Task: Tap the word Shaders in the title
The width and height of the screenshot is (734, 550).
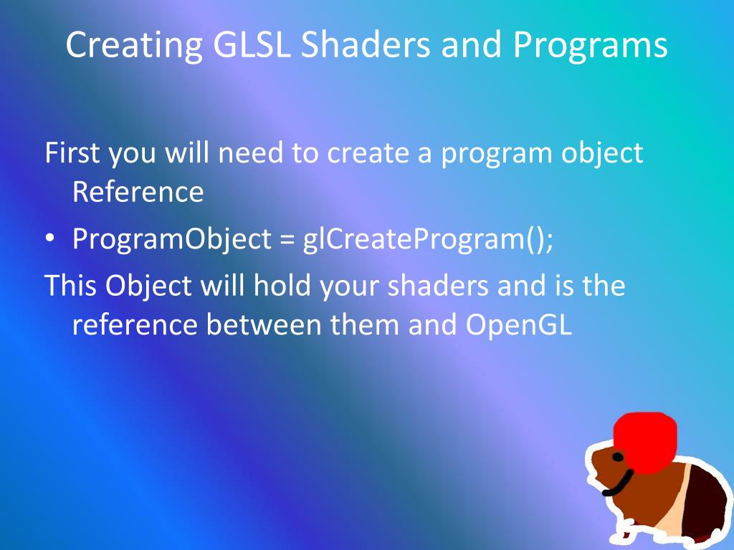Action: (x=365, y=44)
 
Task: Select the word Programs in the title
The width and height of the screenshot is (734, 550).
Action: (x=590, y=46)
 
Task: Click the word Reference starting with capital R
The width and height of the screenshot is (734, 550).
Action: (x=138, y=191)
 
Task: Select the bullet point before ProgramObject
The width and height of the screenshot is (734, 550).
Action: (x=49, y=239)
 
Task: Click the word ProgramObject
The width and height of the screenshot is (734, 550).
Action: (x=172, y=240)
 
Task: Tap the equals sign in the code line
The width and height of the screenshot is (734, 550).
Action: (x=287, y=240)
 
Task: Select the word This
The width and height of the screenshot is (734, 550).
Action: (x=70, y=285)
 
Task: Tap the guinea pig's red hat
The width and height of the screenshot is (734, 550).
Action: (x=645, y=442)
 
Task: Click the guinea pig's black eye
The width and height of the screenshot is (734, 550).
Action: (x=618, y=456)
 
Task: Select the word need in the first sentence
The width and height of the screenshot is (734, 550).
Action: (x=250, y=153)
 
